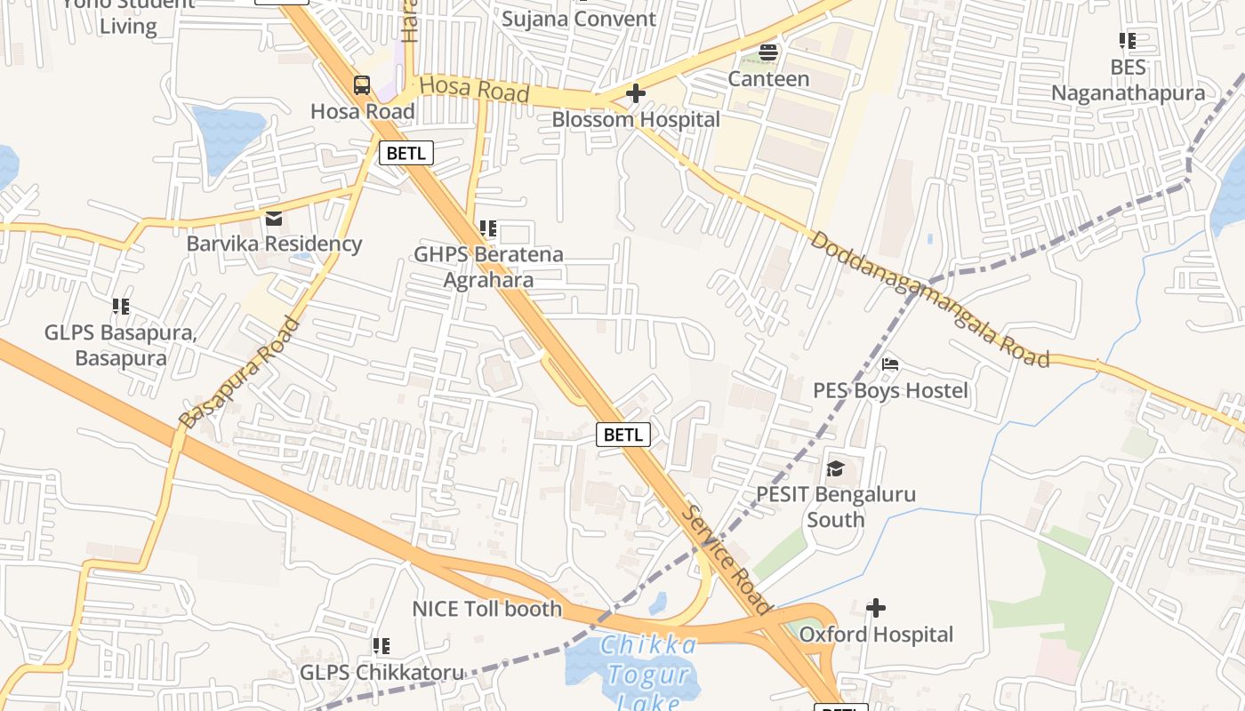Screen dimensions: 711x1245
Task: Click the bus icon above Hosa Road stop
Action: click(362, 85)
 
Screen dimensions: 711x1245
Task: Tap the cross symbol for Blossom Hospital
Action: click(636, 93)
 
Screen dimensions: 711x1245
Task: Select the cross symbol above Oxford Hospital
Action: click(876, 608)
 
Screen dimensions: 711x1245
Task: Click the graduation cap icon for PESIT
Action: click(835, 468)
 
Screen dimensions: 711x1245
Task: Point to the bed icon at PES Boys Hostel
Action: click(890, 364)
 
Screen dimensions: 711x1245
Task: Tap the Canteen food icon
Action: click(768, 52)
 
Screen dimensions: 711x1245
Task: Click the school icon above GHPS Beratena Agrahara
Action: click(487, 228)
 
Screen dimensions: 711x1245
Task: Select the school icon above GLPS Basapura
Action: click(121, 307)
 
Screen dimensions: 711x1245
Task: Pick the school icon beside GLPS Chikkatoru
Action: click(382, 646)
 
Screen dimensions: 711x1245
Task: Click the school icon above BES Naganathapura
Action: click(1128, 41)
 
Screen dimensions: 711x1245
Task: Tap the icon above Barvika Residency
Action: click(274, 218)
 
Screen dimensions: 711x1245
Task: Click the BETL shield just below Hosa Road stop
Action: click(406, 153)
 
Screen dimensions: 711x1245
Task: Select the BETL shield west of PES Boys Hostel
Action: click(623, 435)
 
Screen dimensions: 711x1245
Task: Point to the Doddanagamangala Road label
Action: click(930, 300)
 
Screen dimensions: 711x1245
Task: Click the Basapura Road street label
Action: click(238, 373)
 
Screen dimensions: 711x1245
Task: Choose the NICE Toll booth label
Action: click(486, 609)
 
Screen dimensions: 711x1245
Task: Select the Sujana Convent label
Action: click(579, 19)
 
